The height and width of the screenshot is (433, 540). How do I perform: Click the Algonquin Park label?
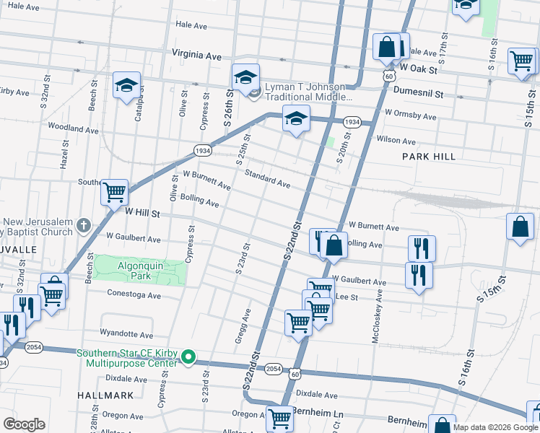(x=139, y=270)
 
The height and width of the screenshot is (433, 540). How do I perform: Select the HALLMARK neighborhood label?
(x=106, y=395)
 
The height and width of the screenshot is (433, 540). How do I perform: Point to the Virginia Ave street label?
(x=196, y=54)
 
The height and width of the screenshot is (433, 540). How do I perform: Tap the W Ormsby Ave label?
(x=410, y=115)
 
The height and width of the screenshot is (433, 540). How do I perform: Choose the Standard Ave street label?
(x=267, y=180)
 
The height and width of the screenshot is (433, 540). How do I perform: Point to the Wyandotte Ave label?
(x=126, y=335)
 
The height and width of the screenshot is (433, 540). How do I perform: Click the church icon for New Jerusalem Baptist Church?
(x=84, y=227)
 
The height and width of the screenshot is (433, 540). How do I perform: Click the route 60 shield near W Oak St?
(x=389, y=75)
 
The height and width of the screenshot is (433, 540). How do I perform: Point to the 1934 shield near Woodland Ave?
(x=202, y=150)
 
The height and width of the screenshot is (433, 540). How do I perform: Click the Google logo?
(x=24, y=424)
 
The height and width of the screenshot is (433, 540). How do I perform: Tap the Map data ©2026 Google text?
(x=495, y=427)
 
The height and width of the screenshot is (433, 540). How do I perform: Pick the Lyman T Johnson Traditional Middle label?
(x=309, y=92)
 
